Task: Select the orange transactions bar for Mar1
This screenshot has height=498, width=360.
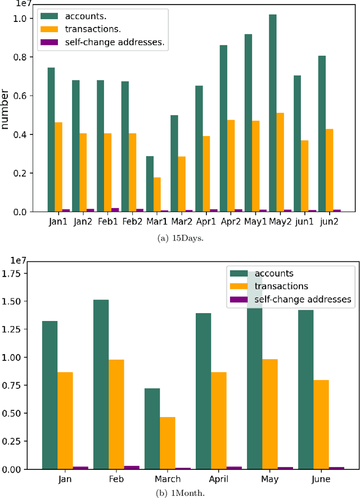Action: click(x=157, y=194)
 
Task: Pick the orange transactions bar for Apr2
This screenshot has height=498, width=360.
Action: click(x=231, y=166)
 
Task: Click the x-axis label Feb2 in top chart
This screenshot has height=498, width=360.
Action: click(x=132, y=221)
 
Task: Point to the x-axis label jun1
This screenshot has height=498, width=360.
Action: click(x=304, y=221)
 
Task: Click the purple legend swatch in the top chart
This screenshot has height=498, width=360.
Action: click(x=50, y=42)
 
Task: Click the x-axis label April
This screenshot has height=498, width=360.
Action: click(x=219, y=479)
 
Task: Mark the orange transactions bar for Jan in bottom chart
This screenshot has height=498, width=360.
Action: click(x=65, y=420)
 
